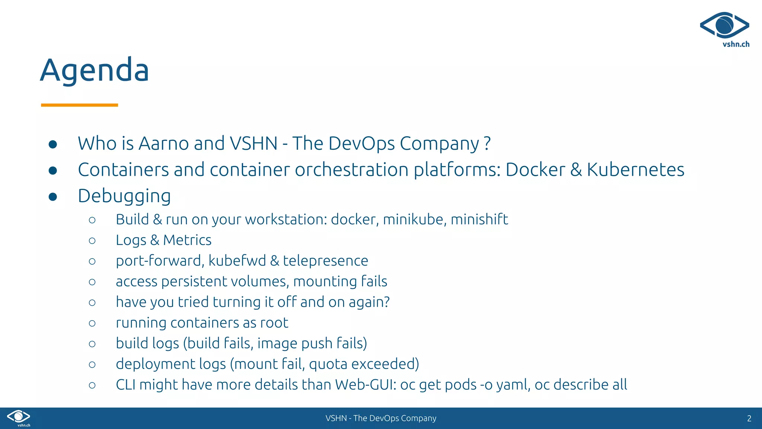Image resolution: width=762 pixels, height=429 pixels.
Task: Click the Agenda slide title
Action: point(95,70)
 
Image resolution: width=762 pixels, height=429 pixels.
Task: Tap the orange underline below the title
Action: point(79,105)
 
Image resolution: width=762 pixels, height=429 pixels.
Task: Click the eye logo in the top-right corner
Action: point(724,25)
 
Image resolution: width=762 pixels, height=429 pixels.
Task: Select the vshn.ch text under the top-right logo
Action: point(736,44)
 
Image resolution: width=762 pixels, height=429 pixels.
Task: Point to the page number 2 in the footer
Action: point(749,418)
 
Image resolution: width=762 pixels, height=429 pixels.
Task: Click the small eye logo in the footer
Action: point(19,416)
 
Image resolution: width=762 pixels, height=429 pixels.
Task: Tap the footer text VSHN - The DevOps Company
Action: point(381,418)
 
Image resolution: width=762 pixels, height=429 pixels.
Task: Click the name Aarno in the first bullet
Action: point(164,143)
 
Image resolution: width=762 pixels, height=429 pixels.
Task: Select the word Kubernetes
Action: point(635,170)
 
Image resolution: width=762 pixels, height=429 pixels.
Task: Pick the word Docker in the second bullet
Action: point(535,170)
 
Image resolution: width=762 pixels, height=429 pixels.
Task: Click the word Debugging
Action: point(124,196)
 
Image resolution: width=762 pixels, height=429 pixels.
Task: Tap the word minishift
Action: point(479,219)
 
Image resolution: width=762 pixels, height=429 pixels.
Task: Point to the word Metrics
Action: point(187,240)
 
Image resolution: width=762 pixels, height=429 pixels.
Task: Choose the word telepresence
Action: point(326,261)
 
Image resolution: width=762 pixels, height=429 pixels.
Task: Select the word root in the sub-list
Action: point(274,322)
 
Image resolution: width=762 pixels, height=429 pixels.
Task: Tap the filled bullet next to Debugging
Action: point(53,197)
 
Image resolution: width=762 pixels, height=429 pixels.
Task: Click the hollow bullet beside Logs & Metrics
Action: point(92,241)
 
